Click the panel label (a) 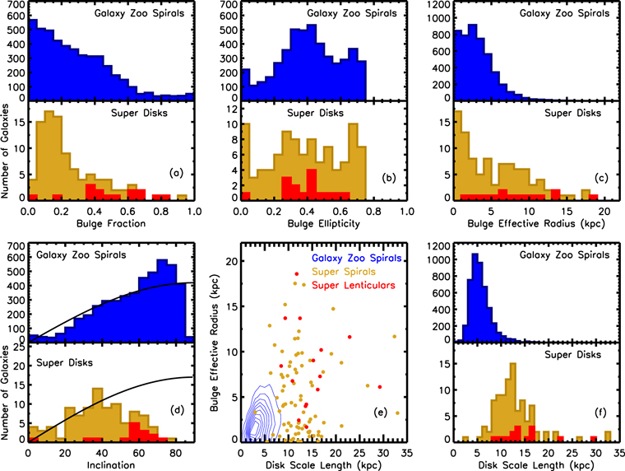[x=175, y=173]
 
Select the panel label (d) [x=175, y=426]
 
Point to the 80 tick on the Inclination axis [x=174, y=451]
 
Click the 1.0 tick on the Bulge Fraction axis [x=195, y=211]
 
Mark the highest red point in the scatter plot [x=296, y=273]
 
